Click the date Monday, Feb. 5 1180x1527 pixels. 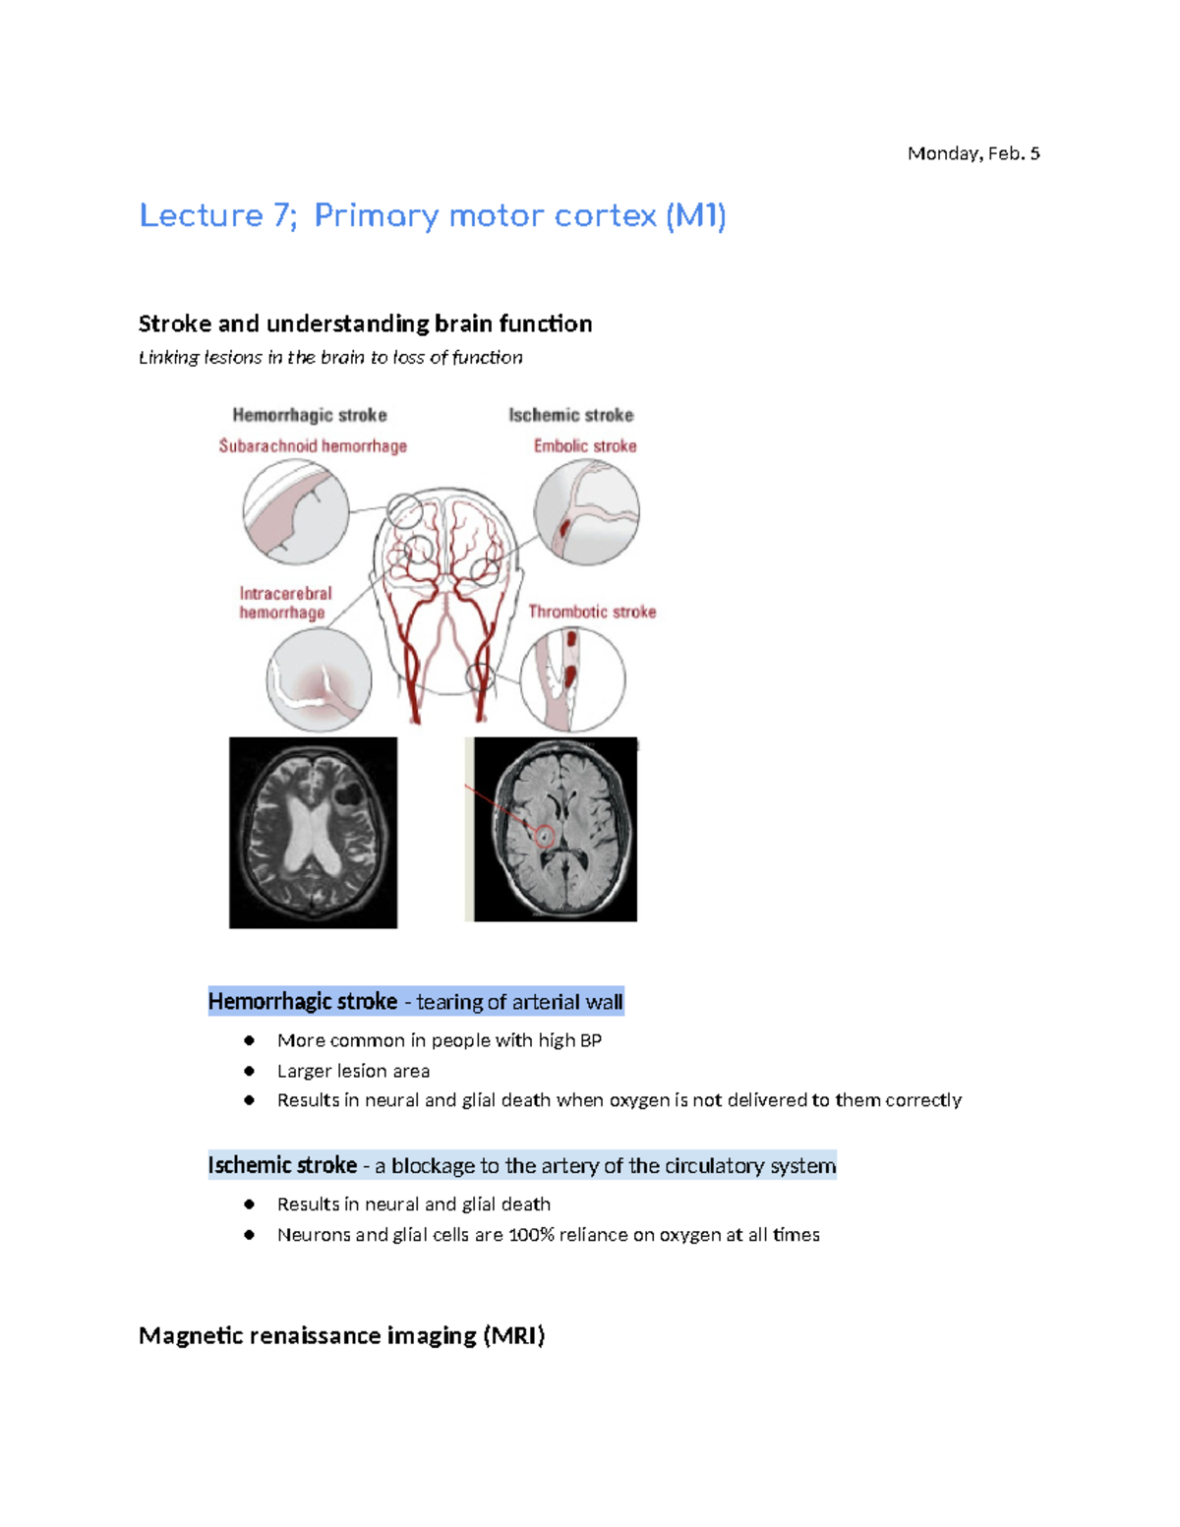click(x=973, y=153)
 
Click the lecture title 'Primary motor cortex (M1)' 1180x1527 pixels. click(x=519, y=215)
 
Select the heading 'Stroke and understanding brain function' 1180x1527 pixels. click(x=365, y=323)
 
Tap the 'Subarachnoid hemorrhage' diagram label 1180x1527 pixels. click(x=313, y=446)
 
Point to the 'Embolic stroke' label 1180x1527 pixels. click(x=585, y=446)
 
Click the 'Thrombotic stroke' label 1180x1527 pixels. click(x=592, y=612)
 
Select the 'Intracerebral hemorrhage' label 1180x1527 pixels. click(x=285, y=603)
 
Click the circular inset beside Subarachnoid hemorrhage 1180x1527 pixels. click(x=296, y=511)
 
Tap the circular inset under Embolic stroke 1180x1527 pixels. click(x=586, y=512)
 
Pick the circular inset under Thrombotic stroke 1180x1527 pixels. click(x=572, y=678)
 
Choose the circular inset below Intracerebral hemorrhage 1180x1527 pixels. click(x=319, y=679)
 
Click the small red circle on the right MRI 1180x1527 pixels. click(x=545, y=837)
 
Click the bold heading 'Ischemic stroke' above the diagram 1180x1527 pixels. click(x=570, y=415)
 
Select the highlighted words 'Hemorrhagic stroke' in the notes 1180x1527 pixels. click(x=303, y=1002)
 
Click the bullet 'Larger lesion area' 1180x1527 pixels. click(x=353, y=1071)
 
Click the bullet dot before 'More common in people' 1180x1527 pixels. click(x=250, y=1040)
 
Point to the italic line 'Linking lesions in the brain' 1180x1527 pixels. click(x=330, y=357)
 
